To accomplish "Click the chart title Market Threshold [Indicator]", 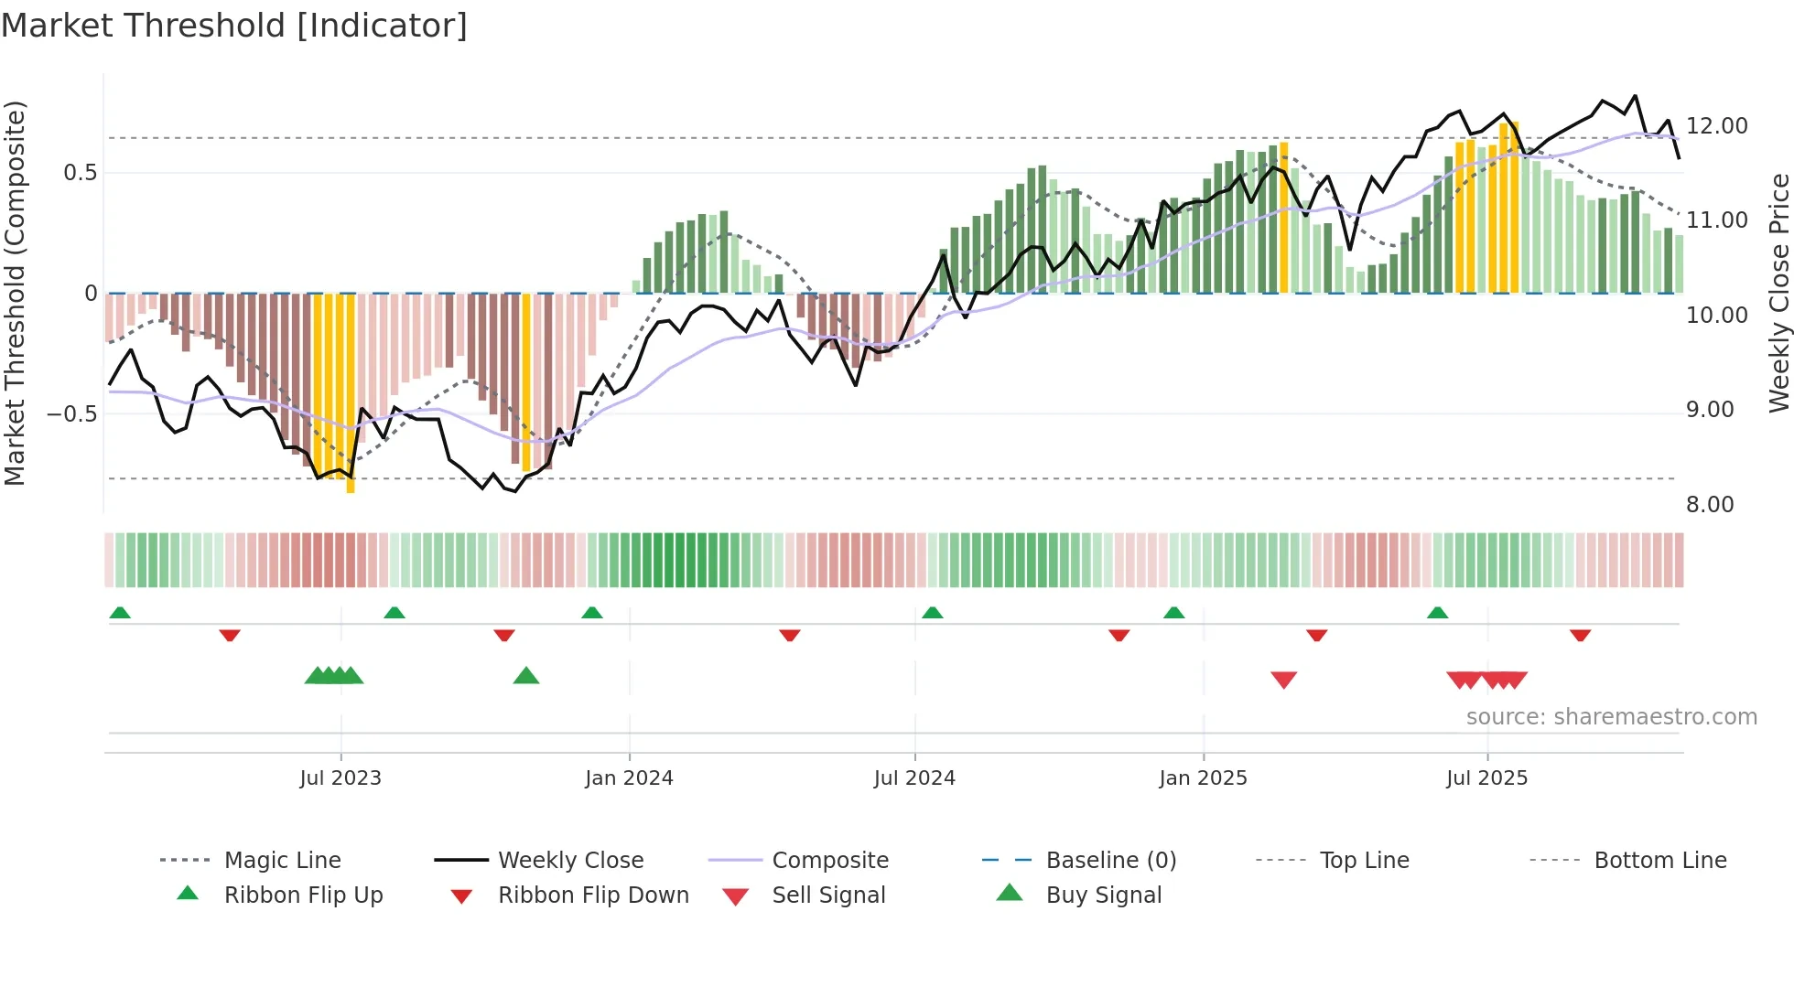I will pyautogui.click(x=234, y=26).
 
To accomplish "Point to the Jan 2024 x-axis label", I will pyautogui.click(x=629, y=777).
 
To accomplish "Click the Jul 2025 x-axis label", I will pyautogui.click(x=1486, y=777).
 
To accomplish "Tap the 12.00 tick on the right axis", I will pyautogui.click(x=1716, y=126).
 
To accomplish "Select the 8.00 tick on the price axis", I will pyautogui.click(x=1709, y=504).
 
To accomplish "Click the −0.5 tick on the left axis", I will pyautogui.click(x=71, y=413).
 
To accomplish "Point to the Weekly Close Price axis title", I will pyautogui.click(x=1778, y=293).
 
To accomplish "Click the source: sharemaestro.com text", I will pyautogui.click(x=1611, y=716).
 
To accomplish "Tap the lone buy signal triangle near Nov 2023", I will pyautogui.click(x=526, y=676).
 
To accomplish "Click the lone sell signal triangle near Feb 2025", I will pyautogui.click(x=1283, y=680).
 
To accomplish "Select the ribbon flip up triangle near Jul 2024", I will pyautogui.click(x=932, y=612).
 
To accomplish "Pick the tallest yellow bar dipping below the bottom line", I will pyautogui.click(x=351, y=393).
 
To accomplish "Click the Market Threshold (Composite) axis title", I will pyautogui.click(x=16, y=293).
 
